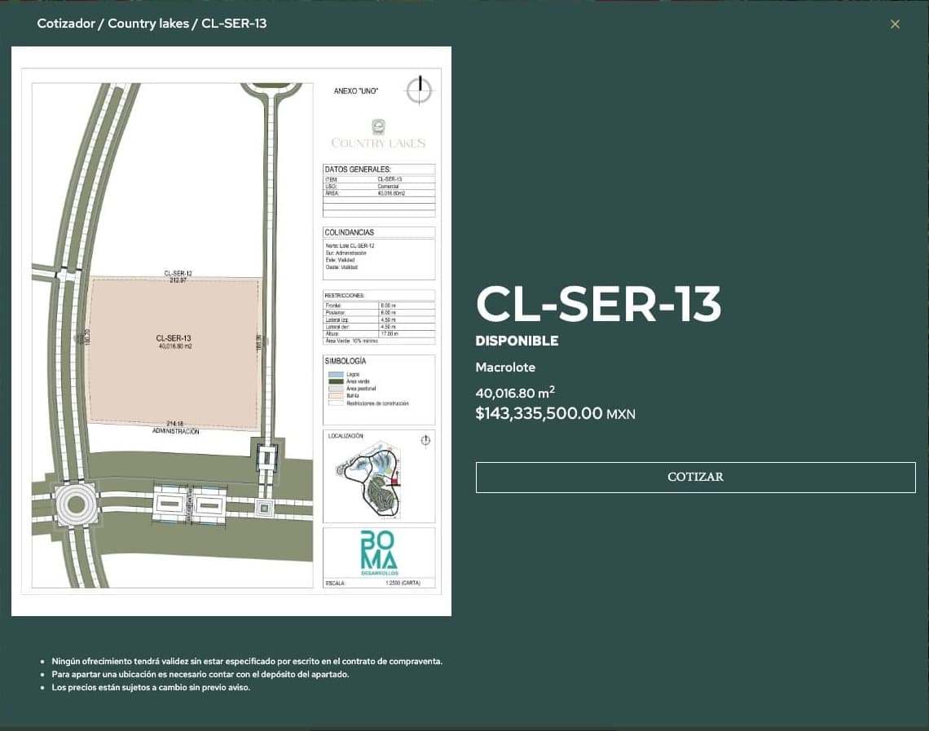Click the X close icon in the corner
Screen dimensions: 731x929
point(895,24)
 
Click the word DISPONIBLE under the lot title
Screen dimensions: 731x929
point(517,341)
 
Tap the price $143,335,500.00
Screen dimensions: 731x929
point(539,413)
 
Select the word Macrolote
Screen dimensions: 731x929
point(505,368)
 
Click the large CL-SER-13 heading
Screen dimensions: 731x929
point(598,305)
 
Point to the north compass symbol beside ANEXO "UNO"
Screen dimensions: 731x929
point(420,90)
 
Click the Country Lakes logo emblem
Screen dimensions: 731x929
point(378,126)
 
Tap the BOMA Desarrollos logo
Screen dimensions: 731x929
point(379,552)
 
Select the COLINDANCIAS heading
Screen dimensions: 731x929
point(349,232)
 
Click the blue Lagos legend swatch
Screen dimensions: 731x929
point(335,374)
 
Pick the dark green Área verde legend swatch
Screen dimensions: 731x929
point(335,381)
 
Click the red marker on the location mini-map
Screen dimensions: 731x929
point(395,482)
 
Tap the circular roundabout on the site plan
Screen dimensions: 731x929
point(76,504)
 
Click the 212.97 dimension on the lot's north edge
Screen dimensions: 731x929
point(178,280)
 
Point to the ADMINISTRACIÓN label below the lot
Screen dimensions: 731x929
point(175,431)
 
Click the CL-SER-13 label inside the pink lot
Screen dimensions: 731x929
point(174,337)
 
